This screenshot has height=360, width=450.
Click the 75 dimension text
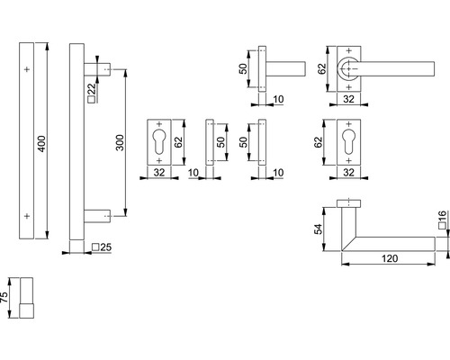click(6, 298)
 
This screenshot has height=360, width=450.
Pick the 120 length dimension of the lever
click(388, 257)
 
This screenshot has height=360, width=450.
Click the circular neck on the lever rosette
click(348, 69)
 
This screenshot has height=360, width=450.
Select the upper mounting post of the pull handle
click(97, 68)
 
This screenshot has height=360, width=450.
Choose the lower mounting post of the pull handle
click(97, 216)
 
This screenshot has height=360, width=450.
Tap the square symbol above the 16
click(442, 231)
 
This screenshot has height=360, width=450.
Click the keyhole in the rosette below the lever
click(348, 142)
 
